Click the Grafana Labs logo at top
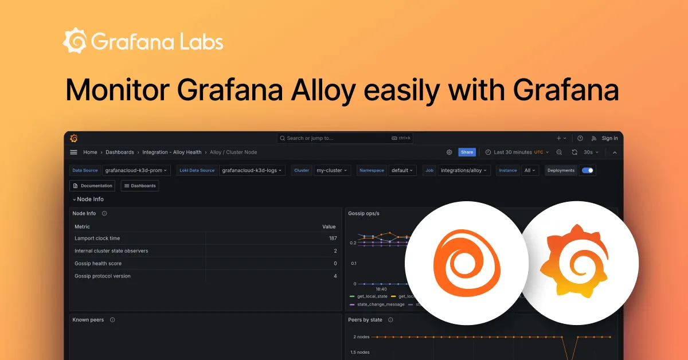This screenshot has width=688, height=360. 143,42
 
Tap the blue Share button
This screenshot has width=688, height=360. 467,152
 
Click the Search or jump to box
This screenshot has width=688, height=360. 345,138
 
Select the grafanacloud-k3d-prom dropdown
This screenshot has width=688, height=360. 136,170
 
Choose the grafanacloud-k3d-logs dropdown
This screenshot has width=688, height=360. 252,170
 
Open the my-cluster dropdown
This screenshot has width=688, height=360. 332,170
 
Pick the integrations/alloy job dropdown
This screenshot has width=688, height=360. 464,170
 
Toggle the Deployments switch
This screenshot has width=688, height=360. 588,170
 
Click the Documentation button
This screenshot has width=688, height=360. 92,186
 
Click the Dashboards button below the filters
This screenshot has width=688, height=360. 140,186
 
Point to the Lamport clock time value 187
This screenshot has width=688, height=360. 333,238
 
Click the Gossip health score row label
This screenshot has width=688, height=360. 98,264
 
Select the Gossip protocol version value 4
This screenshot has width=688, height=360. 335,276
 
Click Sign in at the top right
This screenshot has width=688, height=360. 609,138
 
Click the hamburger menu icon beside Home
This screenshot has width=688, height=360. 73,152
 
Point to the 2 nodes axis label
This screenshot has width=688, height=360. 361,336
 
